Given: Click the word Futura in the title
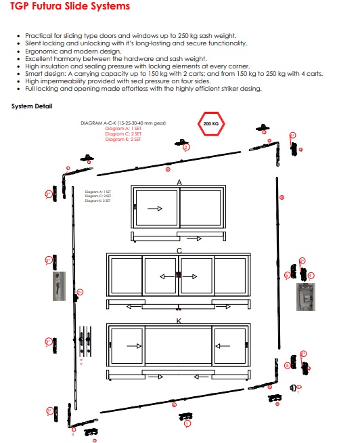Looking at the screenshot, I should tap(62, 7).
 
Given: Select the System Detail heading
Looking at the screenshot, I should tap(32, 106).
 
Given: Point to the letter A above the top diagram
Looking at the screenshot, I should tap(179, 183).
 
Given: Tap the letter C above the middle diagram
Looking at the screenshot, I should tap(179, 251).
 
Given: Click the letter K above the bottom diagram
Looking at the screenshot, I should tap(179, 321).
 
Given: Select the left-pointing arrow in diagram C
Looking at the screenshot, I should tap(165, 276).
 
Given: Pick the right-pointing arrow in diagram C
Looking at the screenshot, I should tap(192, 276).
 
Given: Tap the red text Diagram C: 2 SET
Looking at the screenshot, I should tap(123, 134).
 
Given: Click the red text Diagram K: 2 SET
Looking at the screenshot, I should tap(123, 139).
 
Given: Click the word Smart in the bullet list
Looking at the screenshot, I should tap(34, 74).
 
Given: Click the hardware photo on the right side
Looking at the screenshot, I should tap(305, 297).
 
